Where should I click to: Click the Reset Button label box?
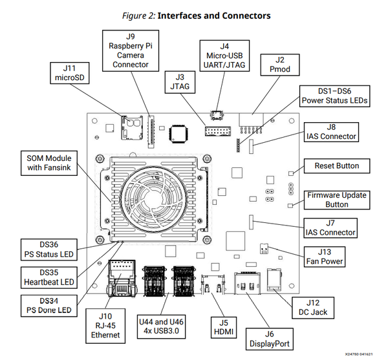click(x=336, y=166)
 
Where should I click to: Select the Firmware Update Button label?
click(x=336, y=200)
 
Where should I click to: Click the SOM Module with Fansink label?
click(x=49, y=164)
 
